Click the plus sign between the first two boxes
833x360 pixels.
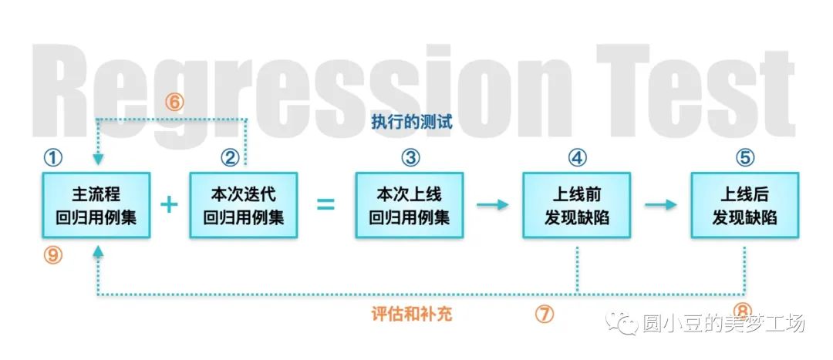point(169,204)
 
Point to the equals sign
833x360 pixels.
point(326,205)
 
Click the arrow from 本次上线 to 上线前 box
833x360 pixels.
point(493,204)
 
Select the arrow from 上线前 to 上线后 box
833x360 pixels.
point(660,204)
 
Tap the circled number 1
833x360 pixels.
point(52,158)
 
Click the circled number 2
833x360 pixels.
point(230,158)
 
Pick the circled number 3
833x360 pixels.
point(410,158)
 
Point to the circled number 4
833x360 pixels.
point(578,158)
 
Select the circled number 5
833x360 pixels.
point(744,158)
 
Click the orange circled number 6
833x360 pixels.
point(176,102)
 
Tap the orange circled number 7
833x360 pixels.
point(545,314)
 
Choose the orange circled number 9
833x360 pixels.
point(53,256)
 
